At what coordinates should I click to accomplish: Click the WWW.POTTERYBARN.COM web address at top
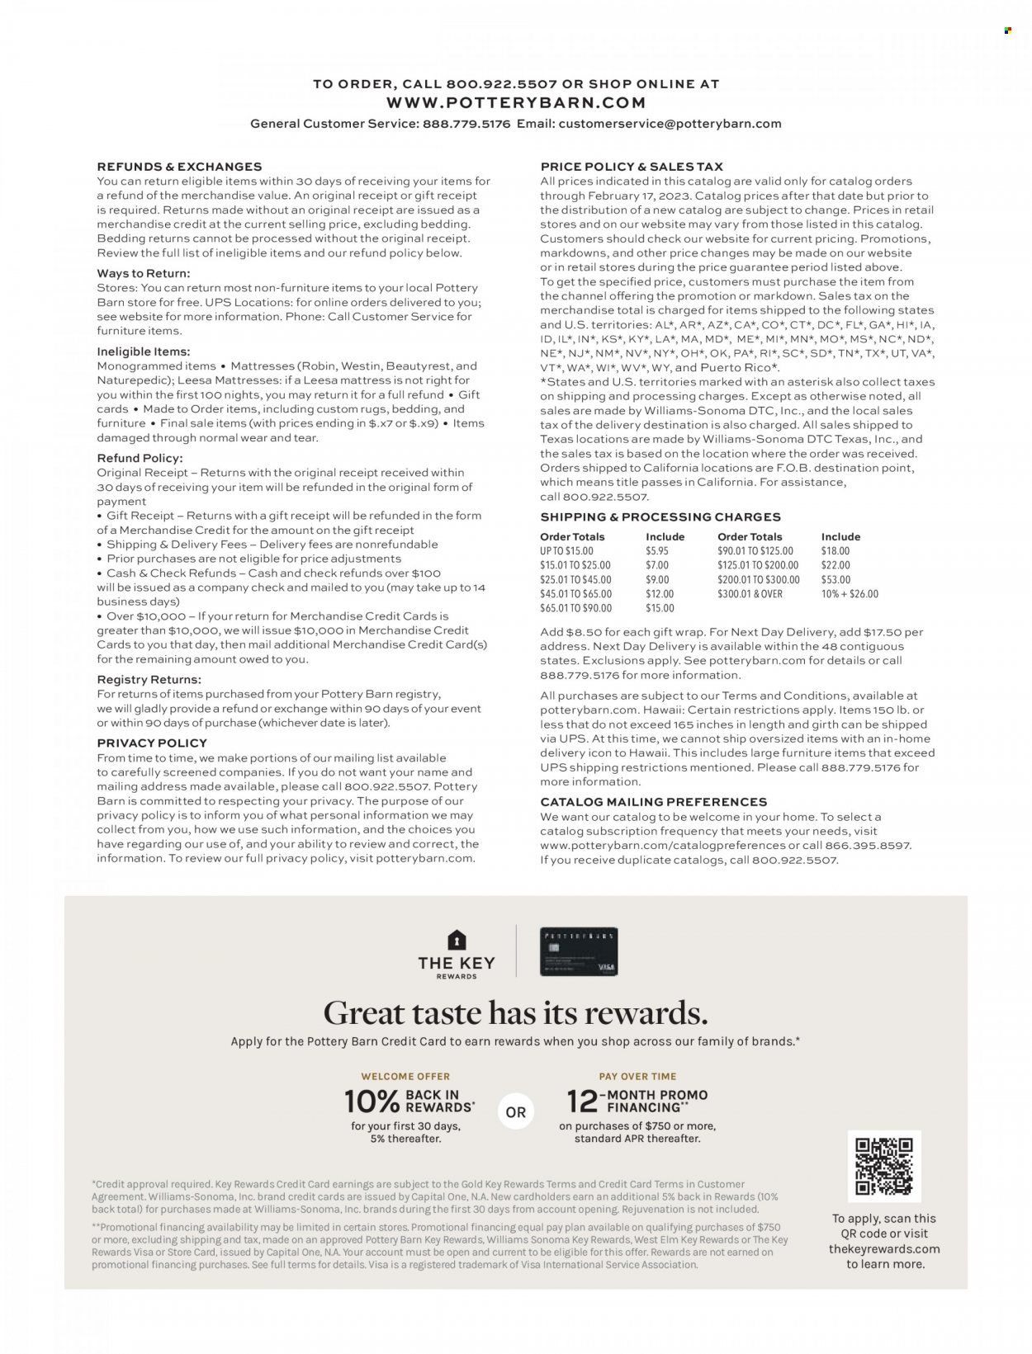coord(515,103)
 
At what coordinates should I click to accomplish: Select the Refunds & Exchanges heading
coord(179,167)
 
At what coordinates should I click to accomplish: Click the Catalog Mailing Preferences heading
coord(653,802)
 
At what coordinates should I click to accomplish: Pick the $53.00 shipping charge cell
coord(835,580)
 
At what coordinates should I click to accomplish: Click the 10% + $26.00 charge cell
coord(850,594)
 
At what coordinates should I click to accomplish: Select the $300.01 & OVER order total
coord(750,594)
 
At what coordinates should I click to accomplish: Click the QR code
coord(884,1166)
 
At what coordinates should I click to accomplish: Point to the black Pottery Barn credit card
coord(578,951)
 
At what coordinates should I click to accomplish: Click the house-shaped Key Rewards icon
coord(457,940)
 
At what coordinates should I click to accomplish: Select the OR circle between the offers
coord(516,1112)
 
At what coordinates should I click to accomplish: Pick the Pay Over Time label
coord(637,1077)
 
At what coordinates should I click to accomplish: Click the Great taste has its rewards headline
coord(515,1012)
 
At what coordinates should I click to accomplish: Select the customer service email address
coord(670,124)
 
